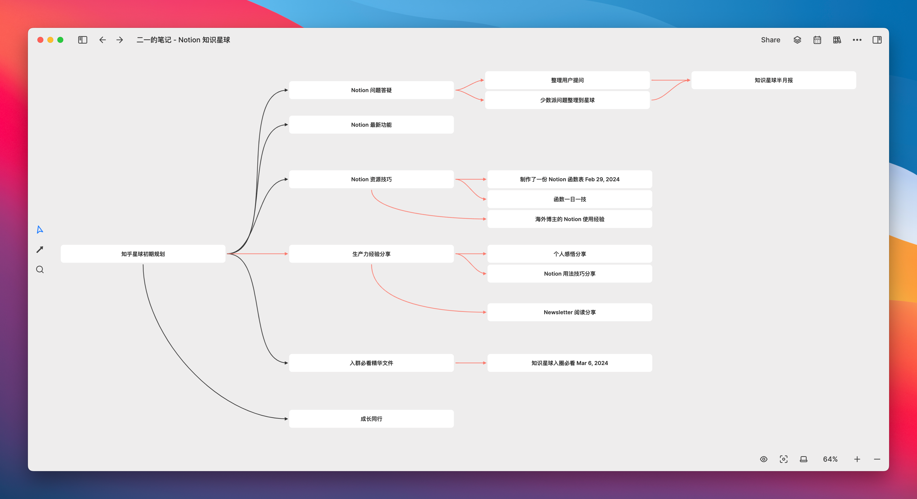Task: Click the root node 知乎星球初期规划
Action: (143, 253)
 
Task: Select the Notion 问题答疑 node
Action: (371, 90)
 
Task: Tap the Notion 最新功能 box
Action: (371, 125)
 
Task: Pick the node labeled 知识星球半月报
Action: (773, 80)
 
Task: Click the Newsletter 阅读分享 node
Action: (570, 312)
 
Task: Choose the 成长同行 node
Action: (371, 419)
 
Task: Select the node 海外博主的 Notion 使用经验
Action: (570, 219)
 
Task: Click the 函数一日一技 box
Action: (570, 199)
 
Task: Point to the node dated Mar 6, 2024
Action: (570, 363)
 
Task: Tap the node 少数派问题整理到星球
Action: (567, 100)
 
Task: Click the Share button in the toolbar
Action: (770, 40)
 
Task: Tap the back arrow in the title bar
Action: (102, 40)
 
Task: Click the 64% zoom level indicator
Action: (830, 459)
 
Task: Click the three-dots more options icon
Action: (857, 40)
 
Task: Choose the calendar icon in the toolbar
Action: (817, 40)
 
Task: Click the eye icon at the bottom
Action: (764, 459)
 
